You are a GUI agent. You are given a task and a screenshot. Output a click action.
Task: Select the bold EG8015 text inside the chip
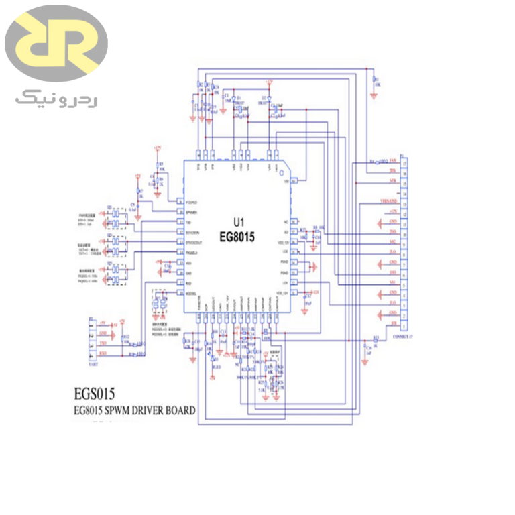tap(239, 236)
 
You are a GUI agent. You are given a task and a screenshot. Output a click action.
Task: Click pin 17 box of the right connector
tap(404, 162)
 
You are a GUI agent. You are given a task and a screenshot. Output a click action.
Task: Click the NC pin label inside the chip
tap(286, 221)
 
